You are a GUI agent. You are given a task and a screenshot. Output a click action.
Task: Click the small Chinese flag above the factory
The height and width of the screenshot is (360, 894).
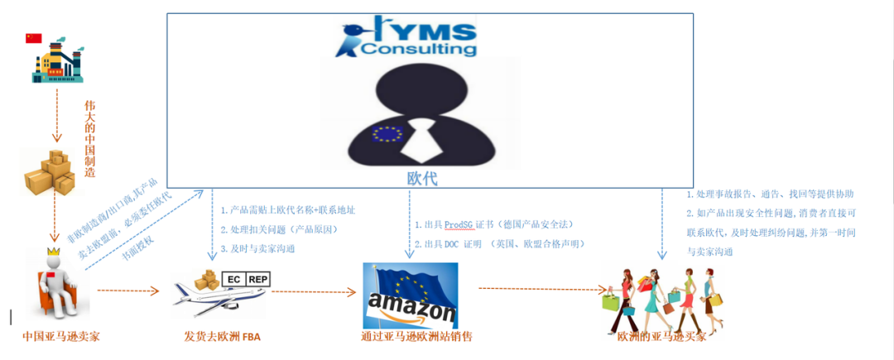coord(33,38)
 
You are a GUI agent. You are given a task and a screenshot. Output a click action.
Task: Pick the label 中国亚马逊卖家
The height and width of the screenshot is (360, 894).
coord(61,336)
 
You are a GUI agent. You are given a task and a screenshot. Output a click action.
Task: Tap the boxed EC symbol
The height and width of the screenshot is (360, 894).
coord(234,280)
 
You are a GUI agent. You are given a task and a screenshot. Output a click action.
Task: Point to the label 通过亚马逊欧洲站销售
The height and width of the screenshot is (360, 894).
coord(417,336)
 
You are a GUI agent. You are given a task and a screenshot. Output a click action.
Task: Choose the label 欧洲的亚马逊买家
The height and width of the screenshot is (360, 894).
coord(662,337)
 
